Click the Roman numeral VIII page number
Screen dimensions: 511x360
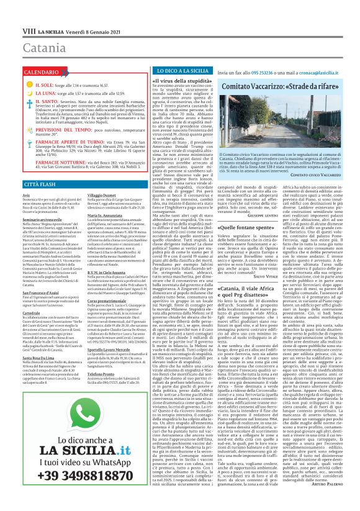(11, 30)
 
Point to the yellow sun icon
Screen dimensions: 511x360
(11, 82)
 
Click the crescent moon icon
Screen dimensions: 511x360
(11, 93)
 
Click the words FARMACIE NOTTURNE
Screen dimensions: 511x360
(42, 162)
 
